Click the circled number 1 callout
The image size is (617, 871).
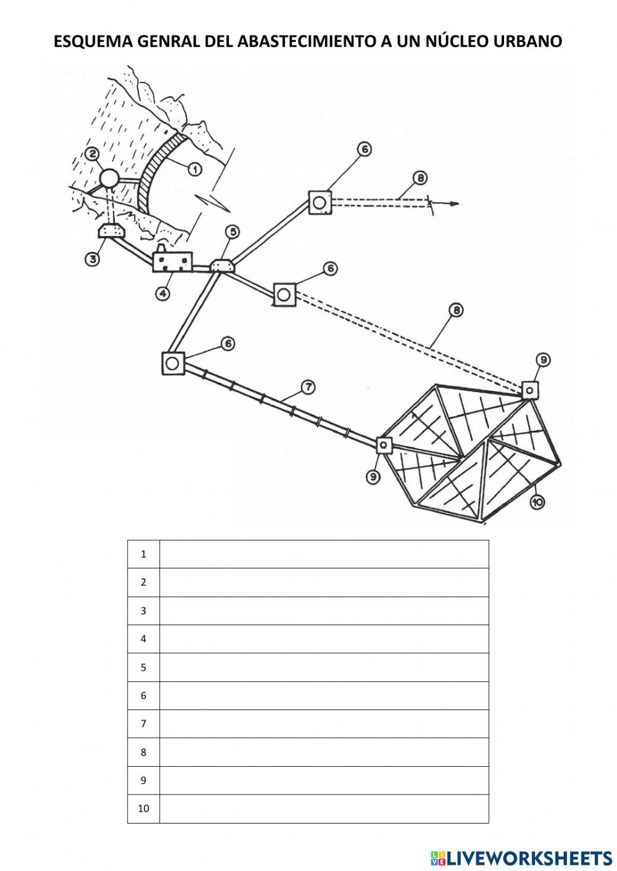pos(194,168)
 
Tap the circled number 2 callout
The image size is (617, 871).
pos(93,153)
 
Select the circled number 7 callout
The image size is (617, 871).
pos(308,387)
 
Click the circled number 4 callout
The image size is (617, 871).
pos(162,293)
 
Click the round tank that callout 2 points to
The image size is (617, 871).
pos(109,179)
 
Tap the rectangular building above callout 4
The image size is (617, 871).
pos(172,261)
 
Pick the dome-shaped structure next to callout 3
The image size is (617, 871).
pos(112,231)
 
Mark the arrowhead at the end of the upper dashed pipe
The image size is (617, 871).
pos(454,204)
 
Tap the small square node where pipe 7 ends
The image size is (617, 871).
pos(384,444)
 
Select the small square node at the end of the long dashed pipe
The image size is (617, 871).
pos(529,390)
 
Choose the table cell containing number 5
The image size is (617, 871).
pos(143,667)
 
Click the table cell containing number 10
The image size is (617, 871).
pos(143,808)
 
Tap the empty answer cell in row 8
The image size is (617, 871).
pos(324,752)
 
